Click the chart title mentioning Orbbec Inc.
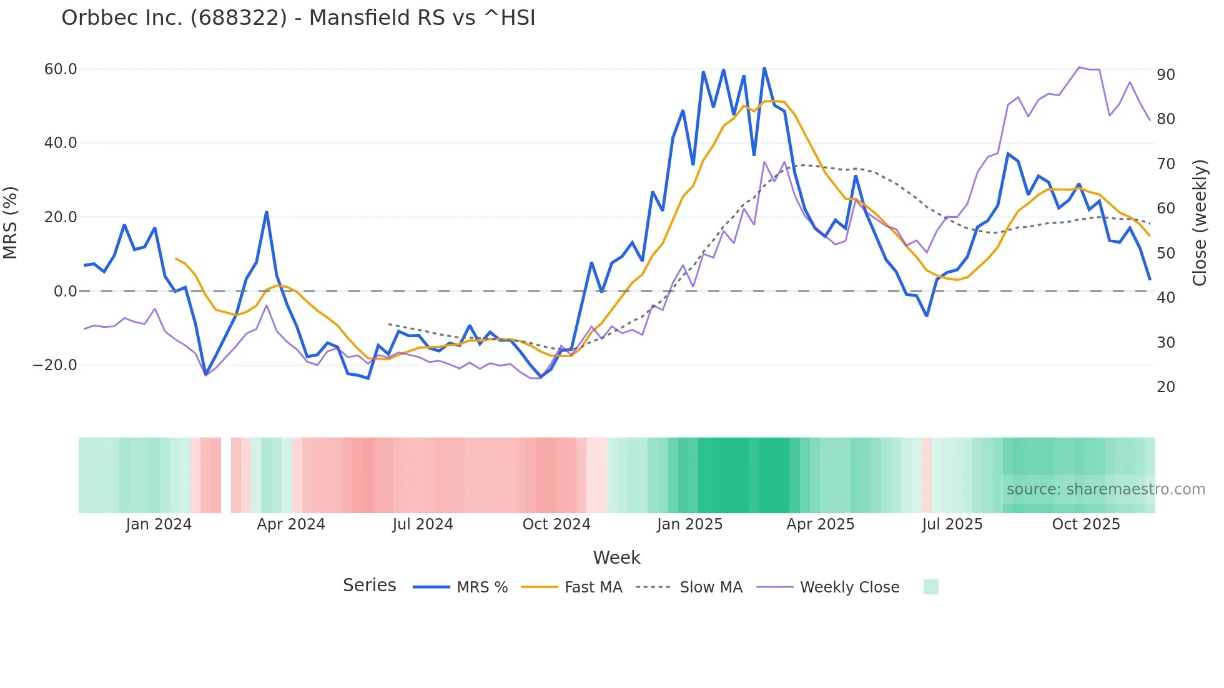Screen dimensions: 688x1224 [298, 18]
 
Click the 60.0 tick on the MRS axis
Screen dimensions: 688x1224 [61, 69]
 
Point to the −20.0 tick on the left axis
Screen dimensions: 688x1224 [55, 365]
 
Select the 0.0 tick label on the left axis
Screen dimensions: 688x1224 [65, 292]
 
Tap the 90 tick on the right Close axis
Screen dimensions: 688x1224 [1165, 75]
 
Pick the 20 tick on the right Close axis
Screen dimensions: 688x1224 [1165, 387]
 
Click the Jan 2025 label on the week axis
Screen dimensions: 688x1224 [689, 524]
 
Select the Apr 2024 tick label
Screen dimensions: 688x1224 [291, 524]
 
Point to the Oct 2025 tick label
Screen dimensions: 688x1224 [1086, 524]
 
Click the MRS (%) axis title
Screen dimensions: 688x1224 [11, 223]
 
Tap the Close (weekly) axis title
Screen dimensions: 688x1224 [1200, 223]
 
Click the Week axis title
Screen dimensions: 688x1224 [616, 558]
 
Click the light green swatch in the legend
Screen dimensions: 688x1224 [930, 587]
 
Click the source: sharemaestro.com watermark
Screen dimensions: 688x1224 [1105, 489]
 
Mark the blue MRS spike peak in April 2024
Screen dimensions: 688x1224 [267, 212]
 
